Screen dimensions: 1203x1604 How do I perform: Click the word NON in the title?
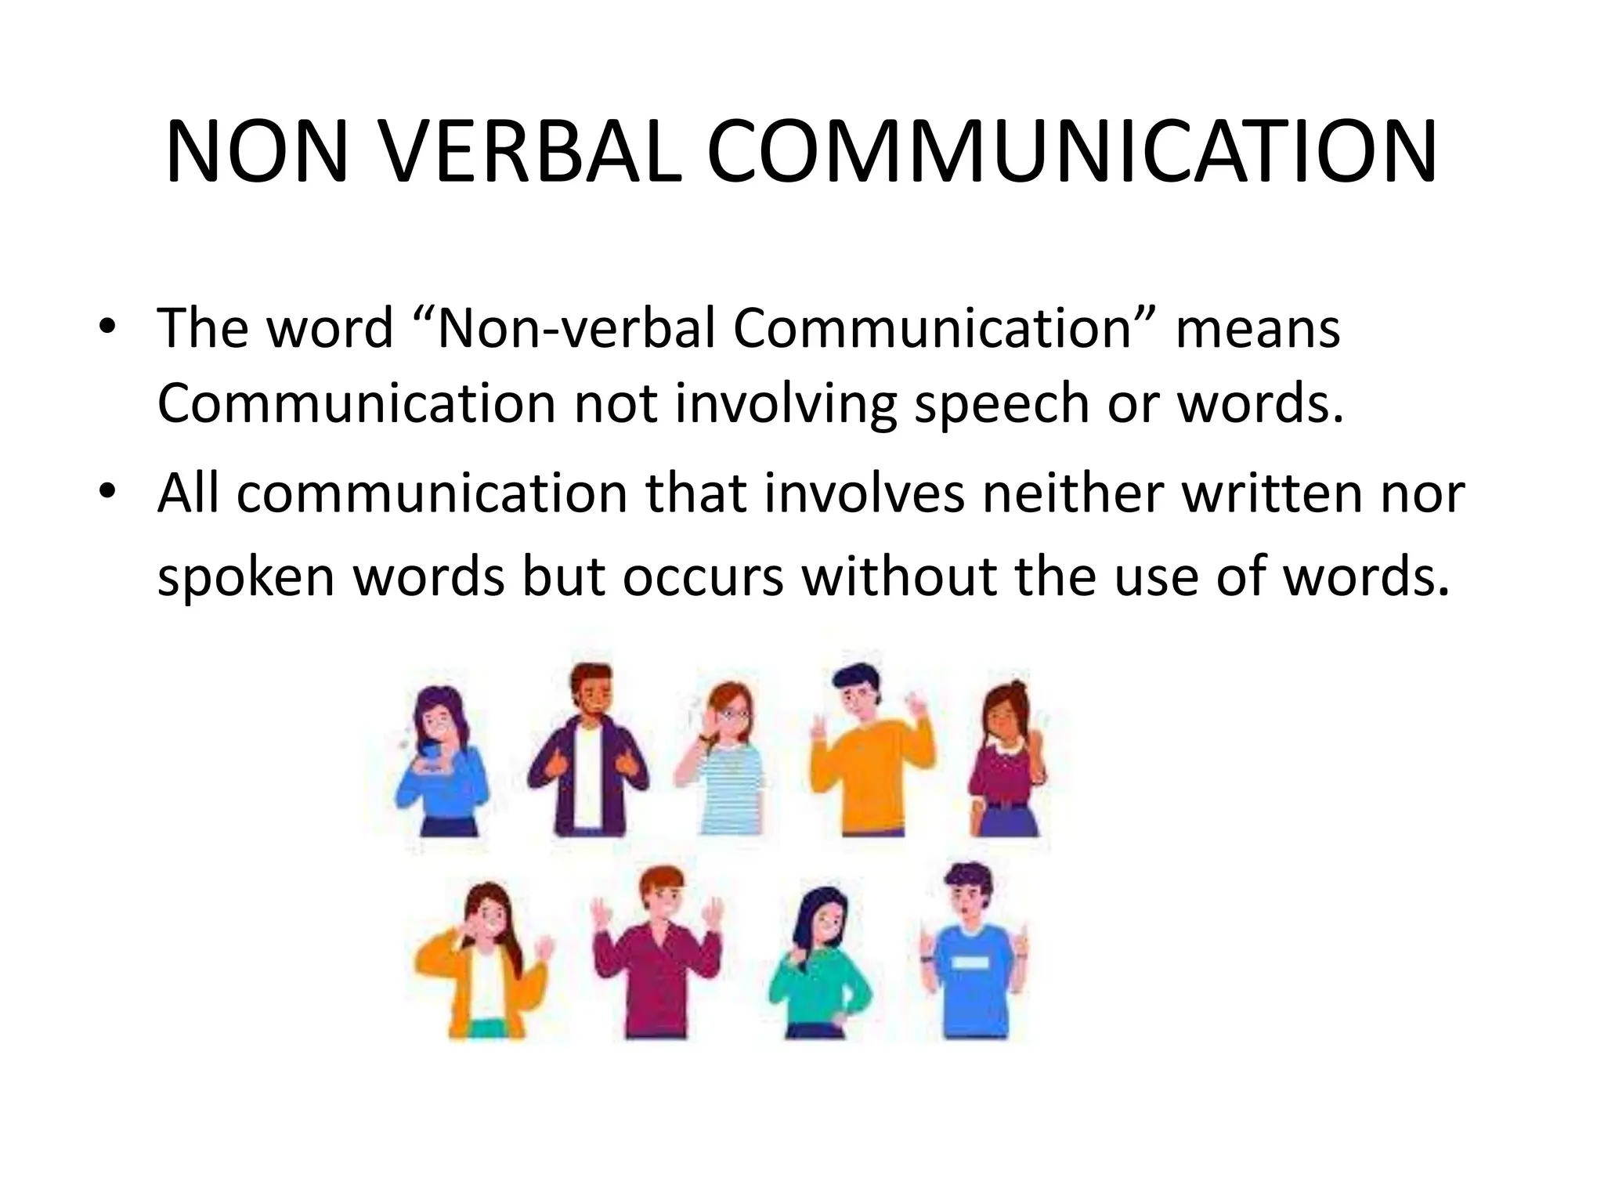click(257, 154)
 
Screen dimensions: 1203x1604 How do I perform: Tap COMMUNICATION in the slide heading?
click(1071, 154)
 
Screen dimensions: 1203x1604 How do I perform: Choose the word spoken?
click(245, 578)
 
